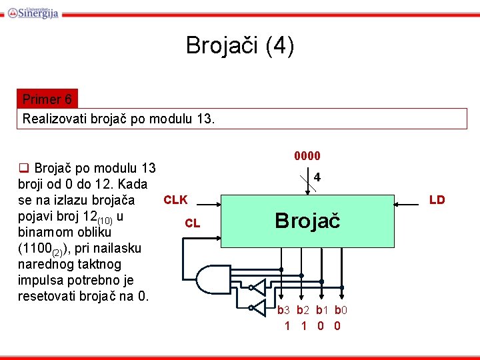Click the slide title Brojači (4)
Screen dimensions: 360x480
(239, 46)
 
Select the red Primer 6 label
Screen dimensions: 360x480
(47, 100)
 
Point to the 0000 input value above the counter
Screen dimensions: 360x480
(307, 156)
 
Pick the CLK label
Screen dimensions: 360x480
(175, 200)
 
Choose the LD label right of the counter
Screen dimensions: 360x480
(437, 200)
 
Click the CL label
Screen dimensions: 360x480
(192, 223)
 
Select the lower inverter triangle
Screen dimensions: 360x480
(253, 307)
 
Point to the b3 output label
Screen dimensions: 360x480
(285, 310)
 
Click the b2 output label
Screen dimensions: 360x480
(303, 310)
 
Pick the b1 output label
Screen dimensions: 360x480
(322, 310)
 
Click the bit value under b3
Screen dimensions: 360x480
(287, 326)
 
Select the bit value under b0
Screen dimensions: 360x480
(337, 326)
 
